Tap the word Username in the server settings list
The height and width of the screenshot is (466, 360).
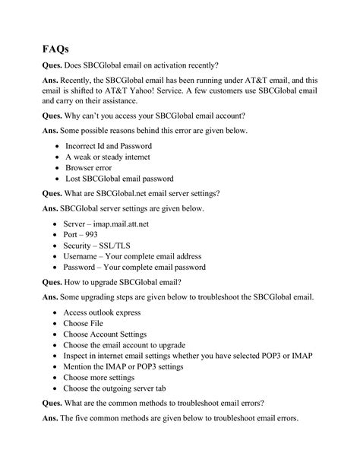click(x=85, y=259)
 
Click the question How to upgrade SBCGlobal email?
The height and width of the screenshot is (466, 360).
click(x=122, y=283)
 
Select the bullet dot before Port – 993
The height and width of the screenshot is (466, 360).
click(x=58, y=236)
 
